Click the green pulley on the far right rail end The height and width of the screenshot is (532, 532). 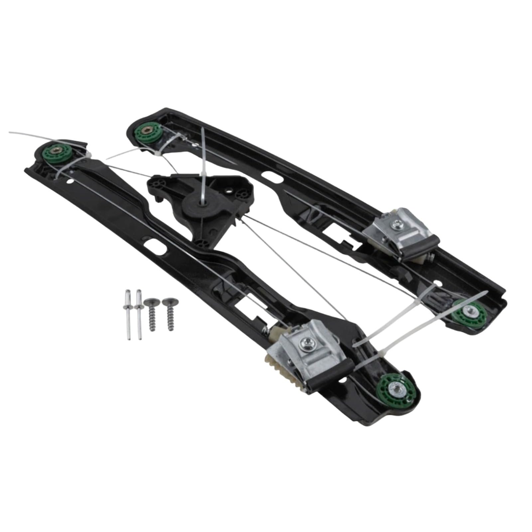click(469, 313)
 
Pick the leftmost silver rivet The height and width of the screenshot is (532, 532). click(128, 314)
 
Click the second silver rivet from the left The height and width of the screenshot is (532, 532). click(137, 314)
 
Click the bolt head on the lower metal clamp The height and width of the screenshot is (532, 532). click(306, 346)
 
